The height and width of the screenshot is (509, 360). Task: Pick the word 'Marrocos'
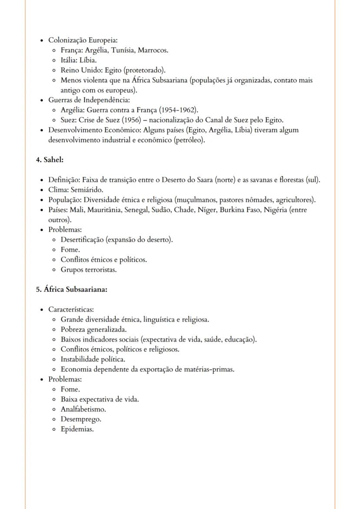153,50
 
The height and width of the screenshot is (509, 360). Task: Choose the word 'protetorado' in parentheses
142,70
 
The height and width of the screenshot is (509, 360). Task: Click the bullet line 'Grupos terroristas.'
89,269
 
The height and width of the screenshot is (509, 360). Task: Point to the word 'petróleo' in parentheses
189,140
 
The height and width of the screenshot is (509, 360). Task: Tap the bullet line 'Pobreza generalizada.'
93,329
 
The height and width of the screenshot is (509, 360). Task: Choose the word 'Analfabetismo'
83,409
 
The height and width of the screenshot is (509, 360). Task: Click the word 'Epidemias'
77,429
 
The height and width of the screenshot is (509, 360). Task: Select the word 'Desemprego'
80,419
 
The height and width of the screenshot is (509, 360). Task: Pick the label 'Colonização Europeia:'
80,40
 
